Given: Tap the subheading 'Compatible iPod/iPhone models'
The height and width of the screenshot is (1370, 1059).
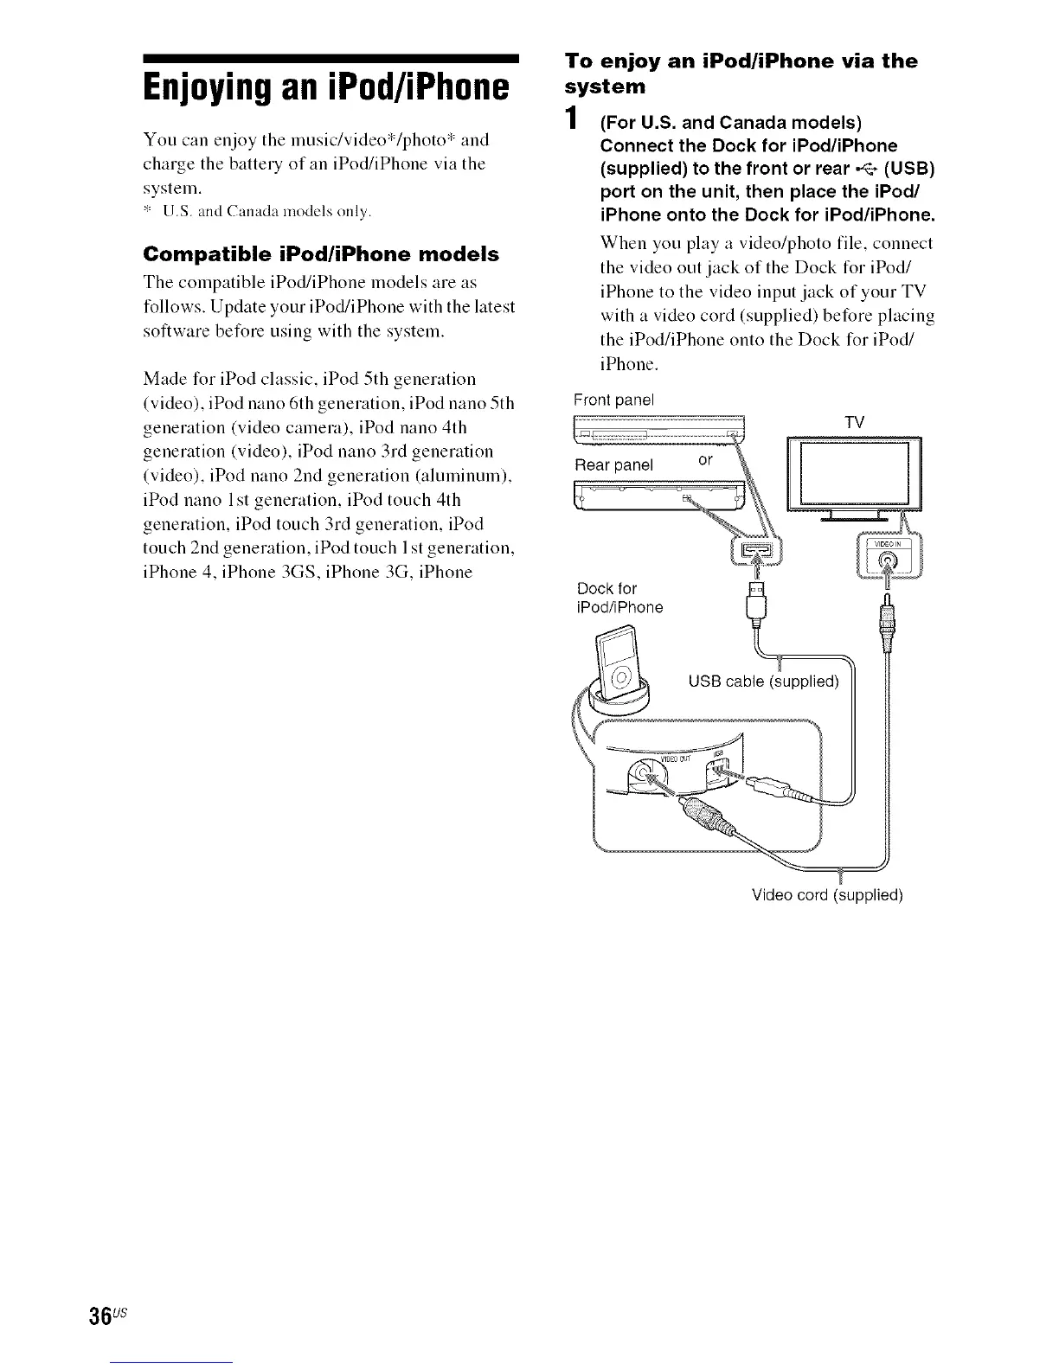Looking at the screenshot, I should [x=321, y=254].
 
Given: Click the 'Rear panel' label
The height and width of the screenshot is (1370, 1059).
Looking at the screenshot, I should [x=614, y=465].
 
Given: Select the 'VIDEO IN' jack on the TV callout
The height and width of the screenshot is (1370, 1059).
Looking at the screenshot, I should [x=887, y=560].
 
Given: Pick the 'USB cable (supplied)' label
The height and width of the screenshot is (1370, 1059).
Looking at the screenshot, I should [x=763, y=682].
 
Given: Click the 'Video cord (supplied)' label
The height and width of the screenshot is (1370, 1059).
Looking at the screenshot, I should [x=827, y=895].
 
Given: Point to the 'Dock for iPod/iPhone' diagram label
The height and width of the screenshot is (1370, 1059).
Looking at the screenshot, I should [x=619, y=599].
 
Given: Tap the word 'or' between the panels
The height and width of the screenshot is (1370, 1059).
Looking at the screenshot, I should [x=706, y=460].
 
